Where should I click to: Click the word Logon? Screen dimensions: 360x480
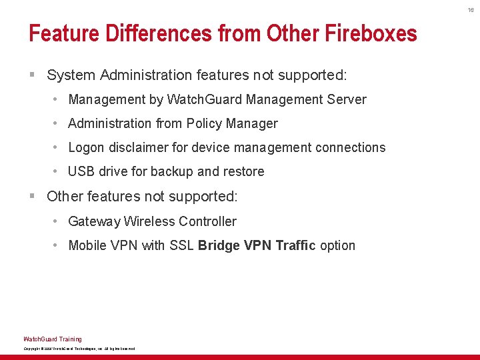point(86,147)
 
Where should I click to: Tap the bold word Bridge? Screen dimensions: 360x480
point(219,245)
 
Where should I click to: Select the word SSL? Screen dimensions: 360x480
point(181,245)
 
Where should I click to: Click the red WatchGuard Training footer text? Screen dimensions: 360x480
point(53,339)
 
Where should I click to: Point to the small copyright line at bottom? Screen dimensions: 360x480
point(79,349)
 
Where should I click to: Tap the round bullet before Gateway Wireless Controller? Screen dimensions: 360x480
point(57,221)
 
